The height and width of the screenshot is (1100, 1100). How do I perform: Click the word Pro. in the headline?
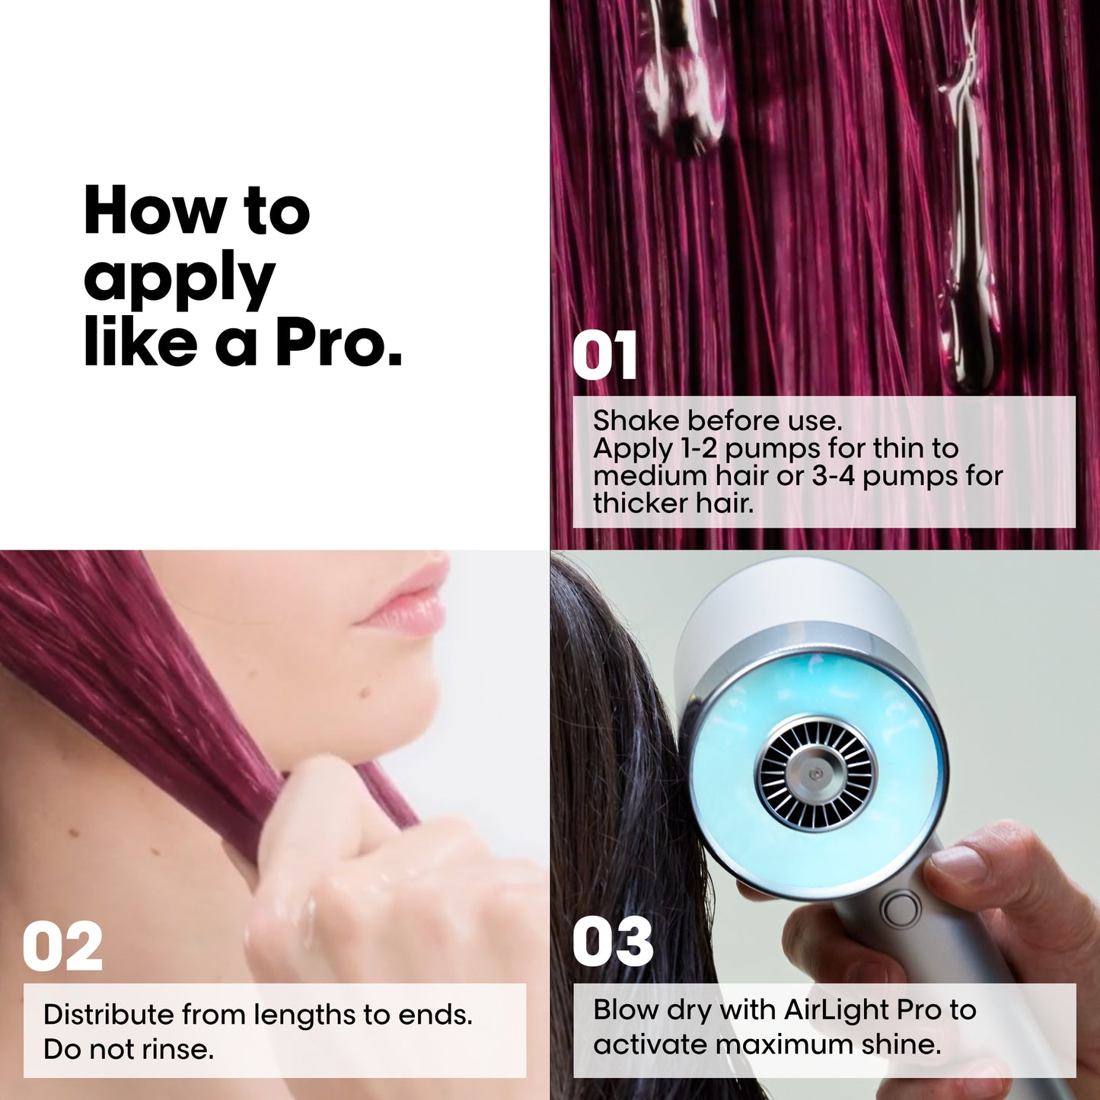(338, 344)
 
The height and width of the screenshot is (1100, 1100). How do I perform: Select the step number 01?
(604, 356)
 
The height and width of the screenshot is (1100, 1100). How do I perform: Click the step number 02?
(62, 947)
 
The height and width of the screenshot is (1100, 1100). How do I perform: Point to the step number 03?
(613, 942)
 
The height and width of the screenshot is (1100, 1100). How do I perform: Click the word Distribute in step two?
(108, 1015)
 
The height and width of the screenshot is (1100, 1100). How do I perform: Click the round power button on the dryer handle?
(900, 910)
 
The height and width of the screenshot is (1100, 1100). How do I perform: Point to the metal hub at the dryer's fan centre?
(815, 773)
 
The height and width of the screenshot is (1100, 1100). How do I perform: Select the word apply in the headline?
(179, 279)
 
